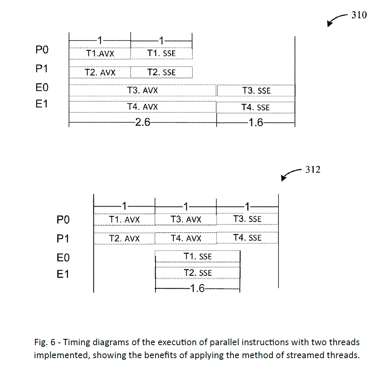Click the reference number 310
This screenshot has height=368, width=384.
tap(359, 15)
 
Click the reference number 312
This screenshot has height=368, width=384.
tap(313, 169)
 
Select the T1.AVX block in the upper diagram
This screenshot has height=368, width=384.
tap(100, 53)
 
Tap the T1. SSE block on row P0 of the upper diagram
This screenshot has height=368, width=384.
tap(161, 53)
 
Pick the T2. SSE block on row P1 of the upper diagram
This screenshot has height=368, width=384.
tap(161, 72)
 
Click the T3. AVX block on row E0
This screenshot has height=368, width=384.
tap(143, 90)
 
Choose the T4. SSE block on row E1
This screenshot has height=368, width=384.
tap(256, 107)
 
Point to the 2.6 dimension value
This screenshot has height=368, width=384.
tap(142, 122)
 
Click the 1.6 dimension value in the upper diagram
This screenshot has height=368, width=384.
tap(256, 122)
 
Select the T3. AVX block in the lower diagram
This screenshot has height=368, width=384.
tap(186, 219)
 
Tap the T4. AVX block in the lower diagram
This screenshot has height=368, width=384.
tap(186, 238)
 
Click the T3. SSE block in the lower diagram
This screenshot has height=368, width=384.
tap(247, 219)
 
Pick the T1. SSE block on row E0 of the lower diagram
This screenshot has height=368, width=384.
tap(198, 256)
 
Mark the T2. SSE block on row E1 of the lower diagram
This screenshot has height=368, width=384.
tap(198, 273)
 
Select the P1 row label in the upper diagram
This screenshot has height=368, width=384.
tap(42, 69)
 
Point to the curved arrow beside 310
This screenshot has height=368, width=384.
tap(337, 20)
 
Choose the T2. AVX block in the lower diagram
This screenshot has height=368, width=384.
tap(124, 238)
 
